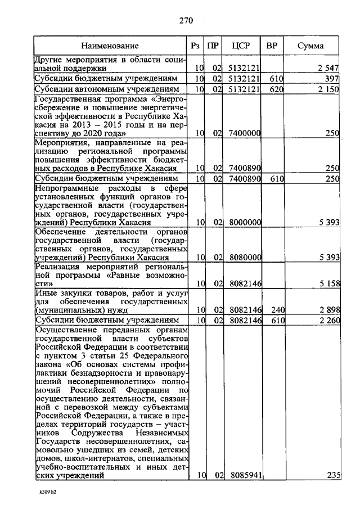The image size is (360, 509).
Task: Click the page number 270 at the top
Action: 186,21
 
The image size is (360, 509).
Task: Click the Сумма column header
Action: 310,45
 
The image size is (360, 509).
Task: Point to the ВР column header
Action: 272,45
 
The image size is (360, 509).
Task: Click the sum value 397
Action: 332,78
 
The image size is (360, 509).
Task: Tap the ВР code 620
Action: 275,89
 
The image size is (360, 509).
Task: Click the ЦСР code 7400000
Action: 245,133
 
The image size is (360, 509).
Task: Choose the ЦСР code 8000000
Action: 245,222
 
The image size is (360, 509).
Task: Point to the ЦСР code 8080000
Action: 245,257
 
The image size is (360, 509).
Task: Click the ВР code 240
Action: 275,309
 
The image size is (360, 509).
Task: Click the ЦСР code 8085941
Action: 245,475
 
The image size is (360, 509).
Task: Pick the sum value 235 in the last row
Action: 334,475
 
